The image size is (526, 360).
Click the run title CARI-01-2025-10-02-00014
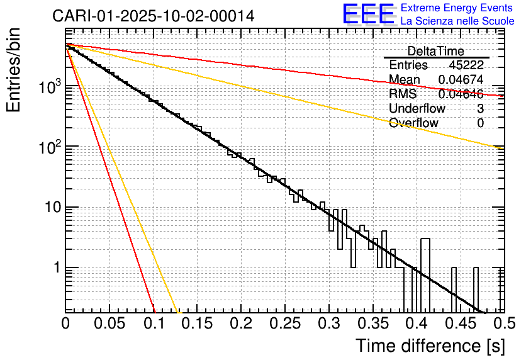[154, 16]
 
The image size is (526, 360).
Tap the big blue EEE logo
[368, 14]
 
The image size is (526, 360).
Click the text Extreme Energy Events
[457, 8]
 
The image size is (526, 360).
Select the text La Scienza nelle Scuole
[457, 21]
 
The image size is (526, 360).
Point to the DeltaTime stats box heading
[436, 51]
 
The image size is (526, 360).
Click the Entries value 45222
[466, 65]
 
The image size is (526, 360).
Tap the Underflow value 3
[480, 109]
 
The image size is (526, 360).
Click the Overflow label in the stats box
[413, 123]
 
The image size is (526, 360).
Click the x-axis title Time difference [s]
[430, 346]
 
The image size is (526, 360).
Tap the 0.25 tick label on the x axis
[284, 324]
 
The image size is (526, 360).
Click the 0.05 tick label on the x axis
[109, 324]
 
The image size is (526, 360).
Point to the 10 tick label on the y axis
[49, 207]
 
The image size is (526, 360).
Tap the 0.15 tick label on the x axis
[197, 324]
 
